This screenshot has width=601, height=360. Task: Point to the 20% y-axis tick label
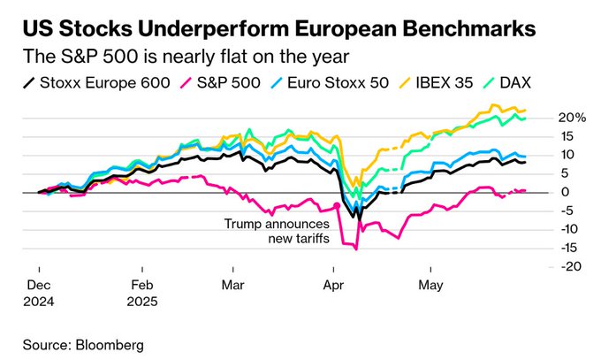click(568, 118)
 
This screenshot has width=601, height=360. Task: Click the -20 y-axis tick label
click(569, 266)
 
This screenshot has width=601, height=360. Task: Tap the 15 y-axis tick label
click(566, 136)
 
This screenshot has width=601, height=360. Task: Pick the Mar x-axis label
click(232, 286)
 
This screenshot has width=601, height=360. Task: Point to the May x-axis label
click(429, 286)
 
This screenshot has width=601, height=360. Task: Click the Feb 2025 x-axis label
click(141, 293)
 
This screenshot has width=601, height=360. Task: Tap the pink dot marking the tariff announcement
click(337, 205)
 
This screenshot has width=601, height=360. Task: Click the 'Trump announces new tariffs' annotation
click(276, 230)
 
